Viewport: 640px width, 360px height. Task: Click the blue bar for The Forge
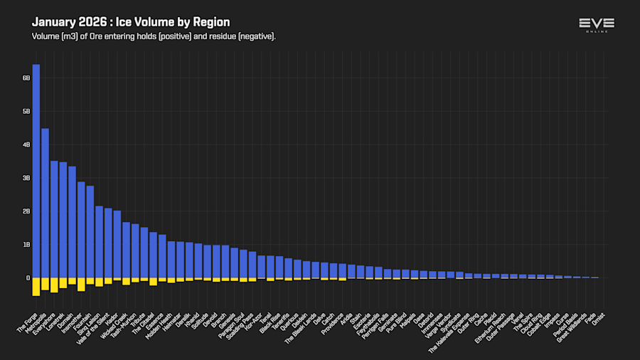(x=36, y=171)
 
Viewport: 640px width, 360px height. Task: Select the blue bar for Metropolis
(x=45, y=203)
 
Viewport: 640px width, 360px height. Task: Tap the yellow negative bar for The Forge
(x=36, y=286)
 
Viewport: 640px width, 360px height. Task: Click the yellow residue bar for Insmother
(x=81, y=284)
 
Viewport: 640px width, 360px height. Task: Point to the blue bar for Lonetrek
(x=63, y=220)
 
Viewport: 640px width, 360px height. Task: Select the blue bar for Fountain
(x=90, y=231)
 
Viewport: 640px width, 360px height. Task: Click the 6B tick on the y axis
(x=26, y=78)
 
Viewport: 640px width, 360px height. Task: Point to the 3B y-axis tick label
(x=26, y=178)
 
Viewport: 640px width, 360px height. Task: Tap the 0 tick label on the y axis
(x=28, y=278)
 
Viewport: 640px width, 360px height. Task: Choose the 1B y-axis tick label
(x=26, y=245)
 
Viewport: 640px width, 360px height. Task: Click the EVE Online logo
(x=597, y=26)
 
